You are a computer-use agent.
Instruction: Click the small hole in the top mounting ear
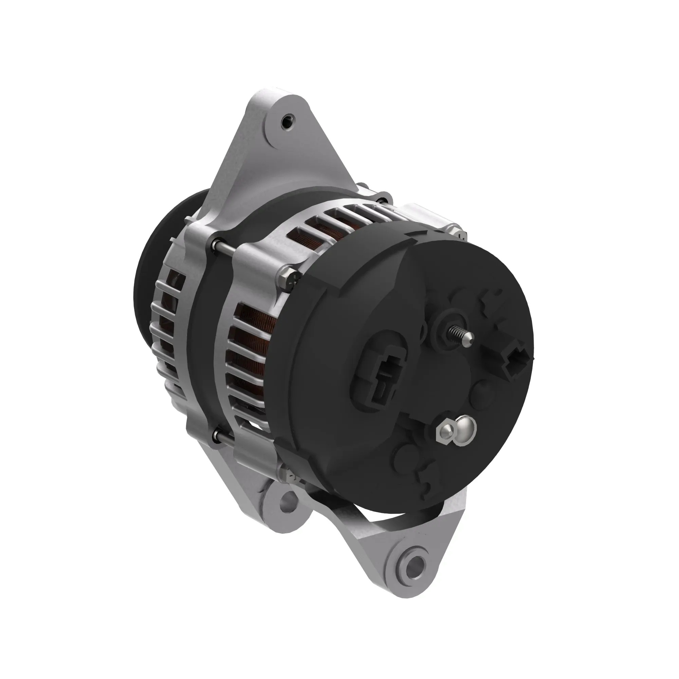coord(287,124)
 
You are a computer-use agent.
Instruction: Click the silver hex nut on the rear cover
coord(445,432)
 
